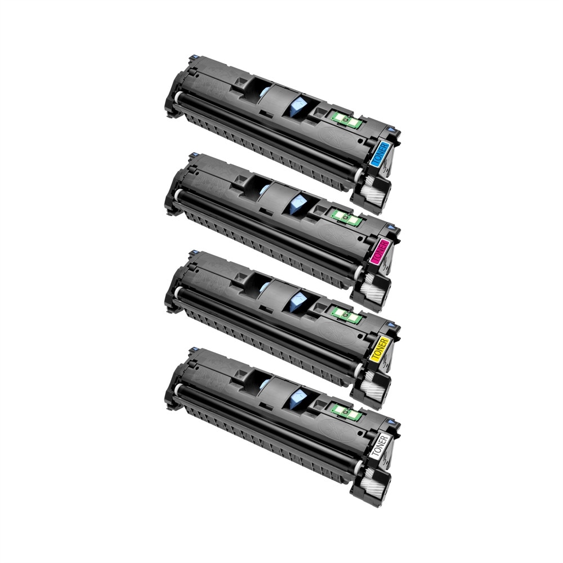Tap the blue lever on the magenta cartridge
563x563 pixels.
point(297,204)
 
